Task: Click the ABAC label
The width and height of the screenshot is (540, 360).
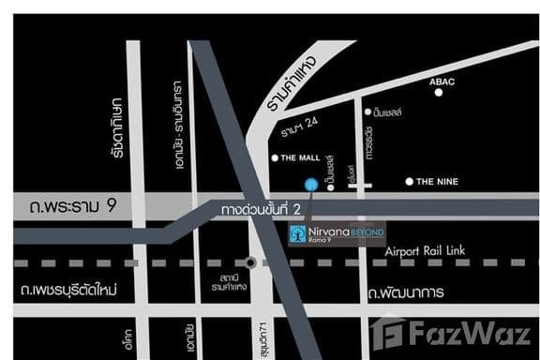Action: click(442, 82)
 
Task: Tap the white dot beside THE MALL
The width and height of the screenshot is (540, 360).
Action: click(274, 157)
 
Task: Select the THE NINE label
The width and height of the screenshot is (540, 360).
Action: click(437, 181)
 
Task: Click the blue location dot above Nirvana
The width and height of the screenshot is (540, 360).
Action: click(311, 184)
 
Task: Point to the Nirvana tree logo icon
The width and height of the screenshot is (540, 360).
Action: click(297, 233)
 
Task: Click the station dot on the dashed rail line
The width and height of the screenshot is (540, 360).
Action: click(250, 262)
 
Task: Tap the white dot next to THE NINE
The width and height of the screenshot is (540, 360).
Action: click(409, 181)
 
